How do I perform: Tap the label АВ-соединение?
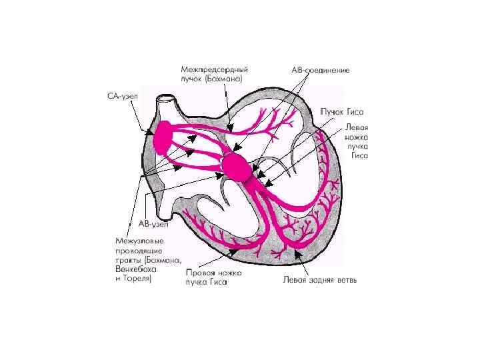tap(321, 69)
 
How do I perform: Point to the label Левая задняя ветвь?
tap(320, 279)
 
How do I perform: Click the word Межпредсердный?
tap(214, 69)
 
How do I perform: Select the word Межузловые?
tap(140, 241)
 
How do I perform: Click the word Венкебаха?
tap(133, 269)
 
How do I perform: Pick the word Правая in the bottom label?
tap(199, 272)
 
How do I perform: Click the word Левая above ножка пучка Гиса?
tap(357, 126)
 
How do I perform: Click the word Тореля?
tap(137, 279)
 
